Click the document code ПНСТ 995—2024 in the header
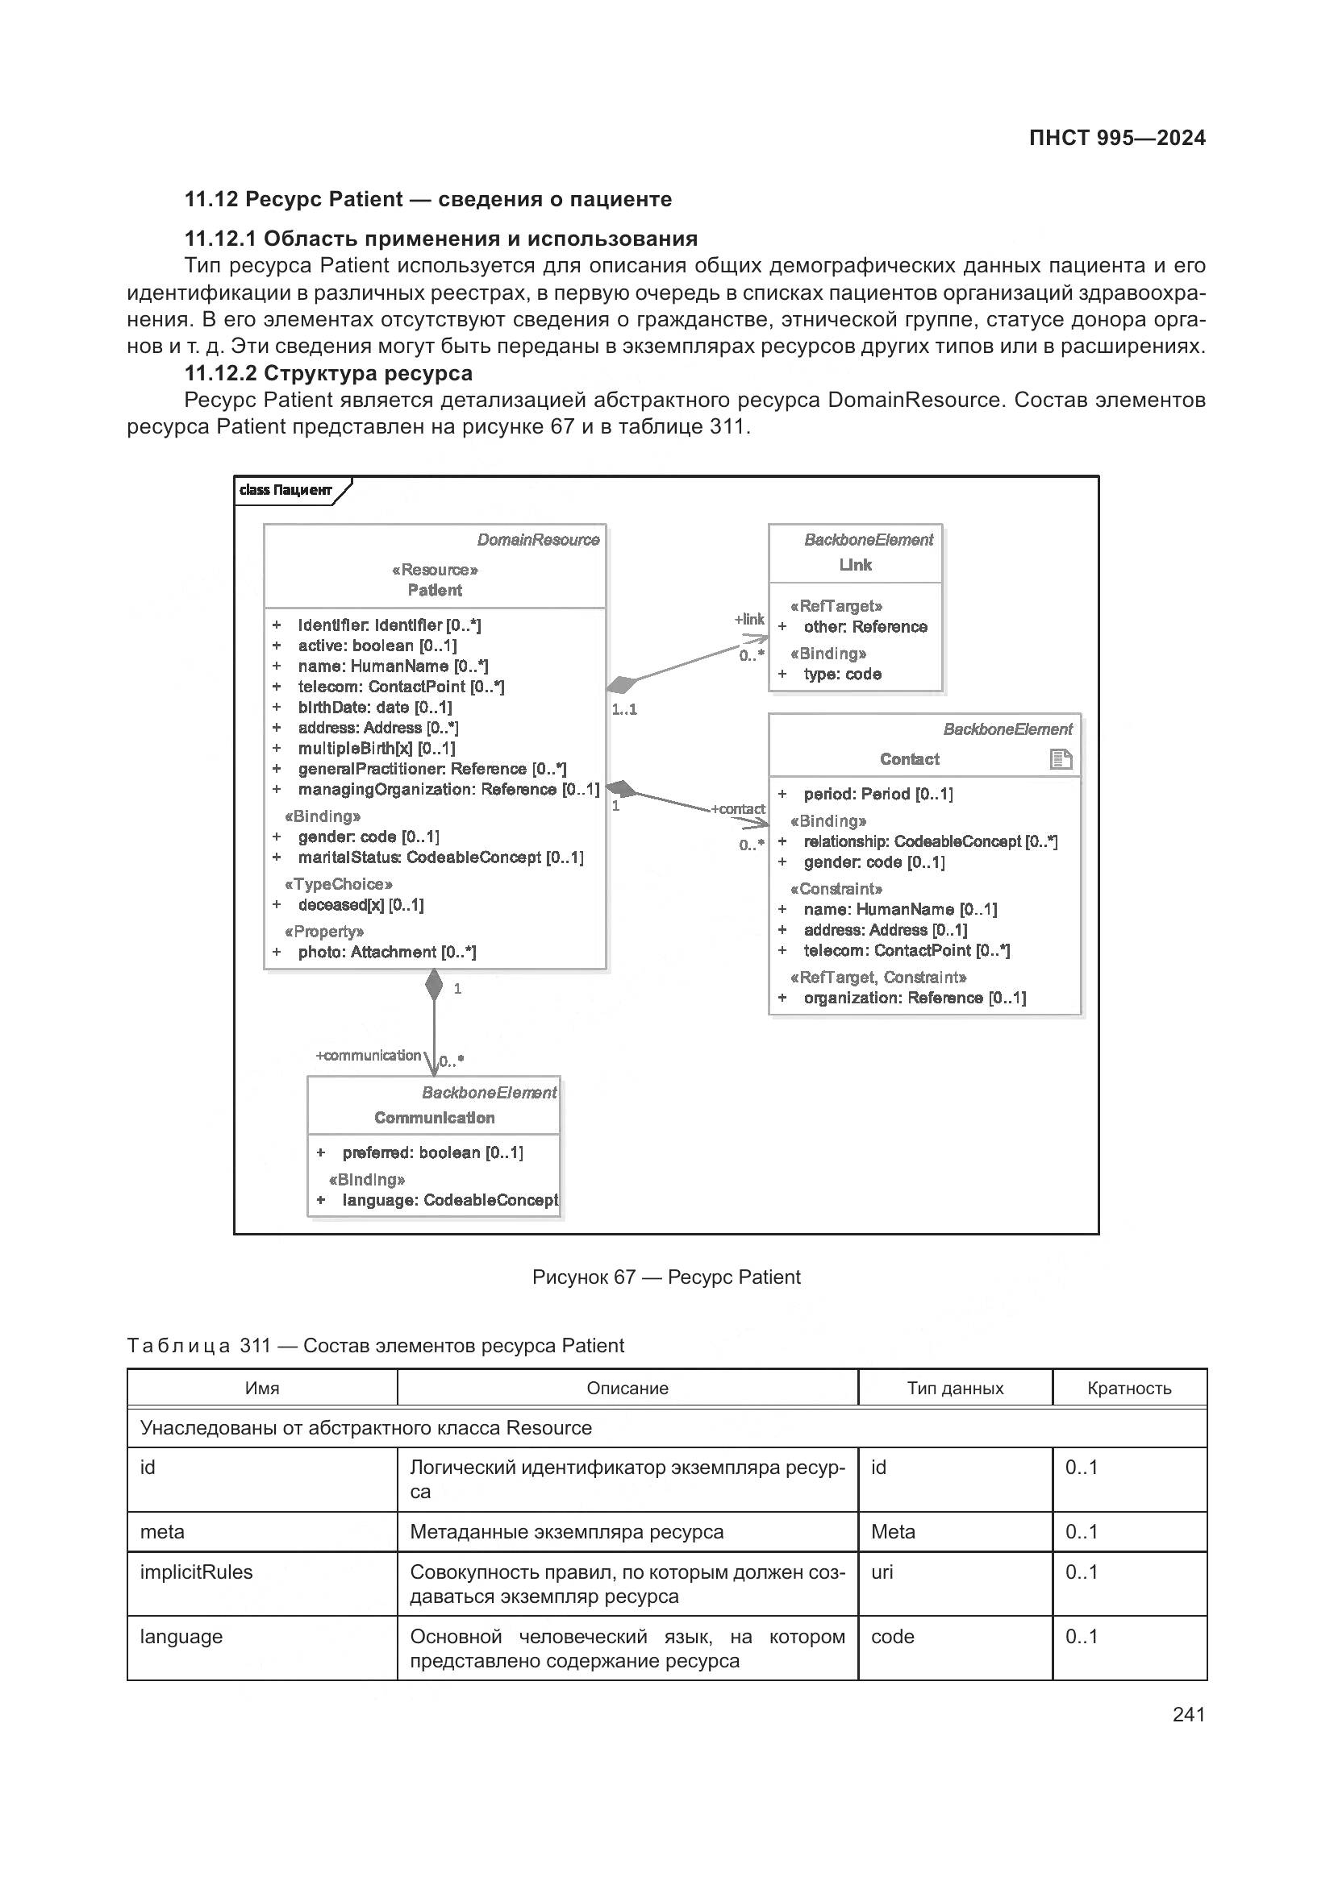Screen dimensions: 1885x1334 1116,138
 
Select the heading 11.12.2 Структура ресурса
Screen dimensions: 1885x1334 327,374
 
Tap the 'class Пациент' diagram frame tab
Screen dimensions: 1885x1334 286,490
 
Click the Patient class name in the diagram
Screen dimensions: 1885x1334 435,590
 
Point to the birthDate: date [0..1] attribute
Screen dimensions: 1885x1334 374,707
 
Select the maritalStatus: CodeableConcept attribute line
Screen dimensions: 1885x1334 440,857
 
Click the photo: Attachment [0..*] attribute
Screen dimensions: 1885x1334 386,953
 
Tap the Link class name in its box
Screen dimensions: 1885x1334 855,565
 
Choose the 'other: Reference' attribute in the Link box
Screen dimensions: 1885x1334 865,626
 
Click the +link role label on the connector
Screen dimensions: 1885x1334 749,619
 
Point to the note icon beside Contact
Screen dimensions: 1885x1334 1061,758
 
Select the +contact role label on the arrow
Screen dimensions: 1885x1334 738,808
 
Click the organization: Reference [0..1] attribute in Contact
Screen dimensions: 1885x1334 915,998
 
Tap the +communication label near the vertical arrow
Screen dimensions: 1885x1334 368,1055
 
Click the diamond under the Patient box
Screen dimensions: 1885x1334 434,984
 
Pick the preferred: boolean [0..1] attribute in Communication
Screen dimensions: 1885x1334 432,1152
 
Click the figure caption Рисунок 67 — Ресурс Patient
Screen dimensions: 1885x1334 666,1277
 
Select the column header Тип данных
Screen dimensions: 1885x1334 954,1388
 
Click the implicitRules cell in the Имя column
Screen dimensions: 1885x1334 196,1572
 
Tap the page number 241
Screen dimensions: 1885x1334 1188,1714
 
